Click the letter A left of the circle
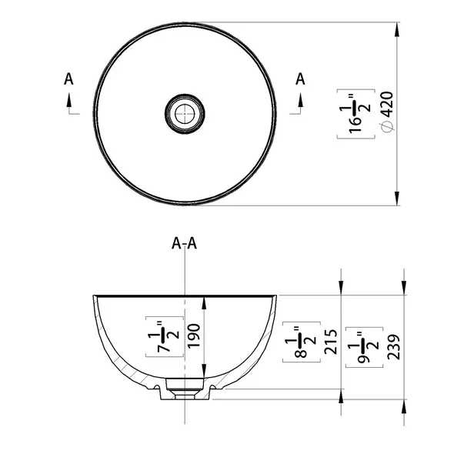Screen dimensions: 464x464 point(69,78)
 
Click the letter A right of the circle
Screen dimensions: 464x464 point(301,78)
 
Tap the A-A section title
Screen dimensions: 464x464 point(185,244)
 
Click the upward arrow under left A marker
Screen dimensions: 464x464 point(70,99)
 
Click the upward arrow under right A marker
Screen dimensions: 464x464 point(301,99)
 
